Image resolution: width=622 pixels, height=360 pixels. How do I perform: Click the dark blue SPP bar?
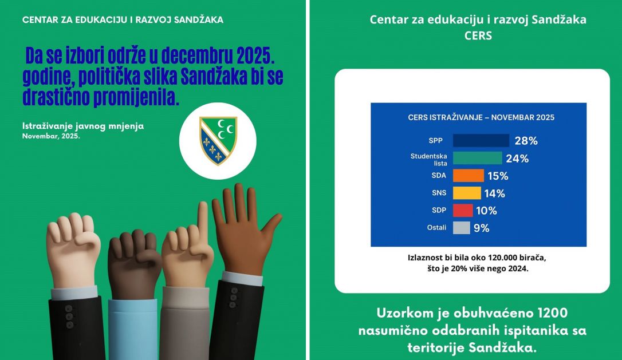tap(481, 141)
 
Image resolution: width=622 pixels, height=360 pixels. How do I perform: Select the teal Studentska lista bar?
tap(477, 159)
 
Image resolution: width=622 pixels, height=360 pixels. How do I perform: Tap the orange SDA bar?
tap(468, 176)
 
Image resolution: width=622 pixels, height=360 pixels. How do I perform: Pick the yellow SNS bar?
tap(467, 193)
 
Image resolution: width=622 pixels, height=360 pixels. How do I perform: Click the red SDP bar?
tap(463, 210)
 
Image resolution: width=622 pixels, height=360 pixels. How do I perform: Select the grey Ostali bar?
tap(461, 228)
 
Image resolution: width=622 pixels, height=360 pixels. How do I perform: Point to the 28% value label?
tap(526, 141)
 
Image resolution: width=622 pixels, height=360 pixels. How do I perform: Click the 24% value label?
tap(517, 159)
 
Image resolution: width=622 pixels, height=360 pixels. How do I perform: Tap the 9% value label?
tap(481, 228)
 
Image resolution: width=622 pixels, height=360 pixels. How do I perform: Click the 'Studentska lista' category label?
tap(428, 159)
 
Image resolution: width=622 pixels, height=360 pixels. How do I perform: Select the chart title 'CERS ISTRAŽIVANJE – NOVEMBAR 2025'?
tap(481, 118)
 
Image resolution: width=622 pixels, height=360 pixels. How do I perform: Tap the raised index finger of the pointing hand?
tap(202, 220)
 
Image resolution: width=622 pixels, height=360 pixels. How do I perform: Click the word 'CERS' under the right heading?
tap(478, 35)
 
